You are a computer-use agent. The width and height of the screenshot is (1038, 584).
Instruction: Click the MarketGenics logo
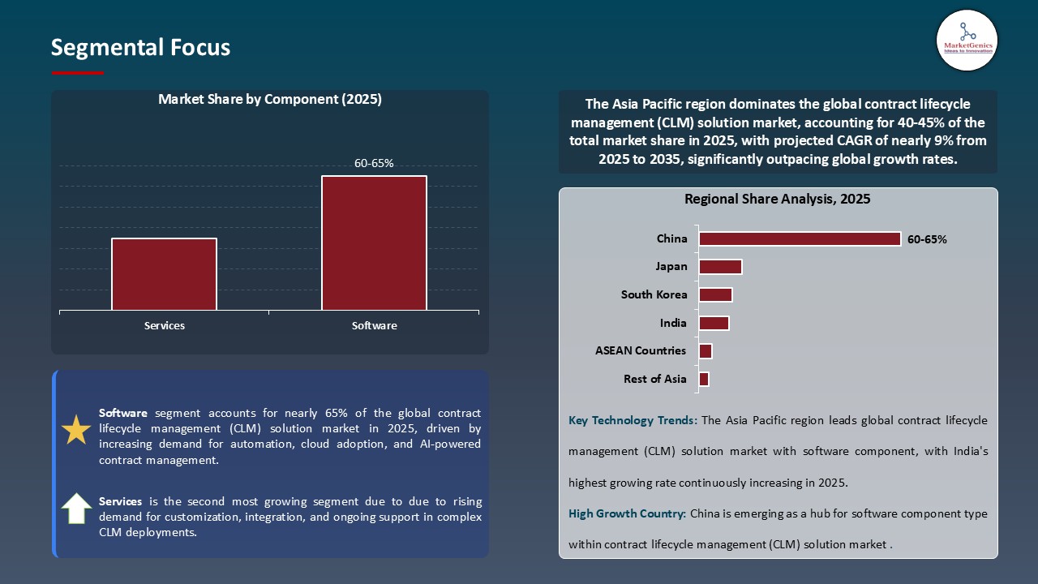tap(967, 40)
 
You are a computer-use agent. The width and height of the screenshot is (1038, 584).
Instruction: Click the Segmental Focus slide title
tap(140, 48)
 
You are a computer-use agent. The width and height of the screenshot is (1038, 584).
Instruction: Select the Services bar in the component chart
tap(165, 274)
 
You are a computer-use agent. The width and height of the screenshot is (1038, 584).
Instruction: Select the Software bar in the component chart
tap(374, 243)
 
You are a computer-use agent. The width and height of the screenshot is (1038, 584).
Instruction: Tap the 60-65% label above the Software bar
tap(374, 163)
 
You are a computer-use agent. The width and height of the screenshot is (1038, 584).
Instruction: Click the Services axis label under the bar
tap(165, 325)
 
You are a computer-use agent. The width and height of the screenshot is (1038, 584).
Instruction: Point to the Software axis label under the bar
tap(374, 325)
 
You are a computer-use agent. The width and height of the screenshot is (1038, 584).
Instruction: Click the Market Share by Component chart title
tap(269, 100)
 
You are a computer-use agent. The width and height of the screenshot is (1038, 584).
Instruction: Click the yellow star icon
tap(76, 430)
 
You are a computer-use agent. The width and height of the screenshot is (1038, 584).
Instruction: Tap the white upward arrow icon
tap(76, 509)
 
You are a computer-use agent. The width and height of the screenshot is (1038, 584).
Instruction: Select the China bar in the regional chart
tap(800, 238)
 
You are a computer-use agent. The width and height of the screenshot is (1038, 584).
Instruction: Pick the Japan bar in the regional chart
tap(720, 267)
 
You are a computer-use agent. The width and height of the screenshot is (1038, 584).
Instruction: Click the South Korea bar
tap(715, 294)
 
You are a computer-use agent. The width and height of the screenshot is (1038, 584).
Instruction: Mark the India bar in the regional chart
tap(714, 323)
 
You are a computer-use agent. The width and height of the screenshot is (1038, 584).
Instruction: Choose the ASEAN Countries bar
tap(706, 351)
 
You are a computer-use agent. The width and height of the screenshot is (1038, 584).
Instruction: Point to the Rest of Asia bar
tap(704, 379)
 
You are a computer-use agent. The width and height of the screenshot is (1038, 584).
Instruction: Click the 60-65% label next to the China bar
tap(927, 239)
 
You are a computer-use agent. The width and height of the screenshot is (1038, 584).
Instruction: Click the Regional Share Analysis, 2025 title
tap(777, 200)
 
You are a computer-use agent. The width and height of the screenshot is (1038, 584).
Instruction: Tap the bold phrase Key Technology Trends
tap(633, 420)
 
